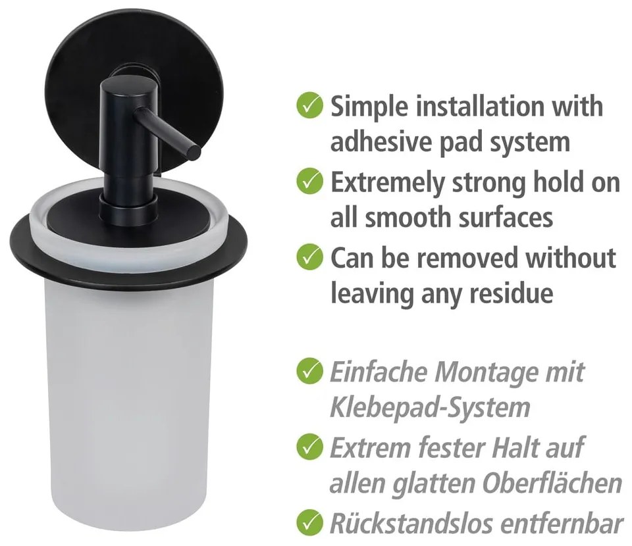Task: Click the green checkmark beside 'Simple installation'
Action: (310, 105)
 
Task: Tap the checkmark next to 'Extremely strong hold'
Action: (310, 181)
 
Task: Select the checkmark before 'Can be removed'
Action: (310, 257)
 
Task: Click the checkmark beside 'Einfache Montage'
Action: (310, 372)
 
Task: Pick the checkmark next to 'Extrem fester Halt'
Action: (310, 448)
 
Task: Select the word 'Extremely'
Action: (388, 182)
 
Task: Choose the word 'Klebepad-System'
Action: (429, 407)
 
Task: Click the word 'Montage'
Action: (486, 372)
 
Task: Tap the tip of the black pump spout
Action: (194, 151)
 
